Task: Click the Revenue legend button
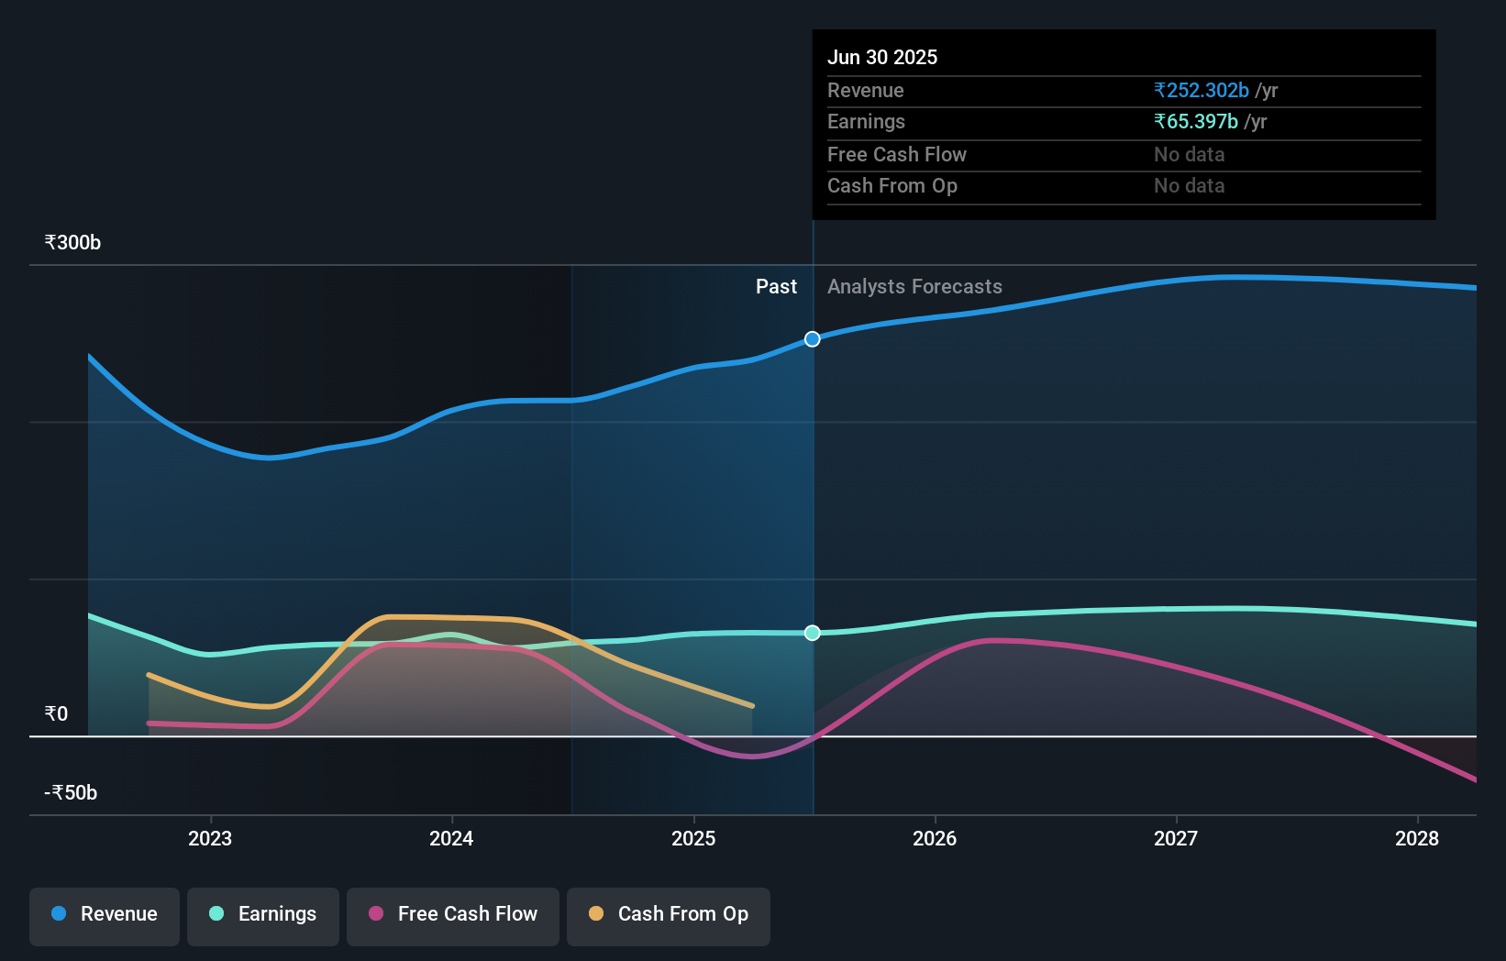(105, 914)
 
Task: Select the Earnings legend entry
(263, 914)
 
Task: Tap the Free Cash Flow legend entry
(453, 914)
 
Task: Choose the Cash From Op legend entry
(669, 914)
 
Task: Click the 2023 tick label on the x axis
(210, 838)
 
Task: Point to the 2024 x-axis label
(451, 838)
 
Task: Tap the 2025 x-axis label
(693, 838)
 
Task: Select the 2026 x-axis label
(935, 838)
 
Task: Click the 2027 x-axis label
(1176, 838)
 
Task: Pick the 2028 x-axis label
(1417, 838)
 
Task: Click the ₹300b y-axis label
(72, 243)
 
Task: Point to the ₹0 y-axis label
(56, 714)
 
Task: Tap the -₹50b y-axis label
(71, 793)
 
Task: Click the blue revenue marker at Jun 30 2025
(813, 339)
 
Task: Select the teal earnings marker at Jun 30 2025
(813, 633)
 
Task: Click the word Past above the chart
(776, 287)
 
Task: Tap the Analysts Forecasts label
(914, 287)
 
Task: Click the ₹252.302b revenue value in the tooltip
(1201, 91)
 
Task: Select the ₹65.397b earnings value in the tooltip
(1196, 122)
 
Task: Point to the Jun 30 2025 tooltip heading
(882, 58)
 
